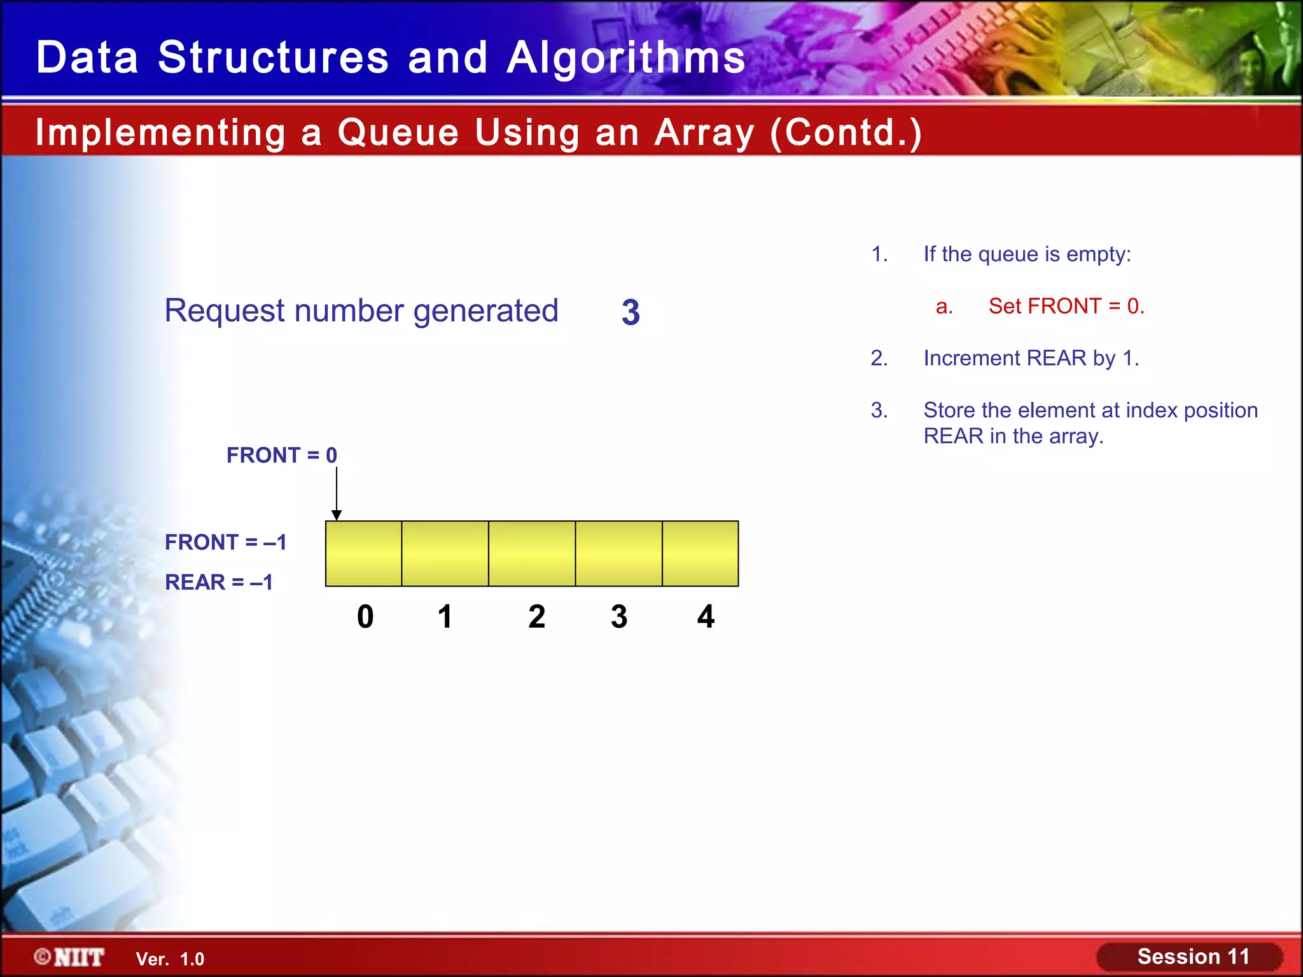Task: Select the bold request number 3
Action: tap(631, 312)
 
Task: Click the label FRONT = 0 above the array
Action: tap(281, 455)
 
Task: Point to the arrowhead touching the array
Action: tap(337, 515)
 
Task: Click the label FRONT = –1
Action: tap(225, 542)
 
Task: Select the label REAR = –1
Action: tap(218, 582)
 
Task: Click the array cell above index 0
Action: tap(363, 553)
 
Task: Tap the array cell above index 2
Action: tap(532, 553)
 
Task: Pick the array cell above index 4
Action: tap(700, 553)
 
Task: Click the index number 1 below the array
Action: tap(445, 616)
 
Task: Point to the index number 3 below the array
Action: tap(619, 616)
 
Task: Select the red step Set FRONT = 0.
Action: tap(1066, 307)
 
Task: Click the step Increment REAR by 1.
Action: tap(1031, 359)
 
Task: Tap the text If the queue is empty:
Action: tap(1027, 254)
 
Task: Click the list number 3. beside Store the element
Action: tap(879, 410)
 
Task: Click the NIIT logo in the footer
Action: tap(70, 957)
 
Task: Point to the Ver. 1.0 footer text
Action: tap(170, 959)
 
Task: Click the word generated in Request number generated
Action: tap(485, 311)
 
